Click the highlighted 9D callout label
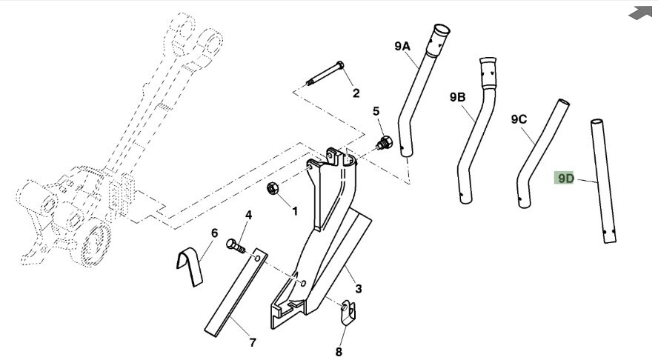564,179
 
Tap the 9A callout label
402,46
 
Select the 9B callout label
457,97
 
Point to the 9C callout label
519,119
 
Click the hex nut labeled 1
273,188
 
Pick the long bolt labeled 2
325,73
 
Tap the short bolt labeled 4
236,245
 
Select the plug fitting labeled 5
385,143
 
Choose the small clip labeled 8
348,313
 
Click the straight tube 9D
603,181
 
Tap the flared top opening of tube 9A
441,30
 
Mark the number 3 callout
358,289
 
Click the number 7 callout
252,343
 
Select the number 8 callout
339,352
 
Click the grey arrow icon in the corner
640,13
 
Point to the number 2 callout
356,93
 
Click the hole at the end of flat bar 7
258,257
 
